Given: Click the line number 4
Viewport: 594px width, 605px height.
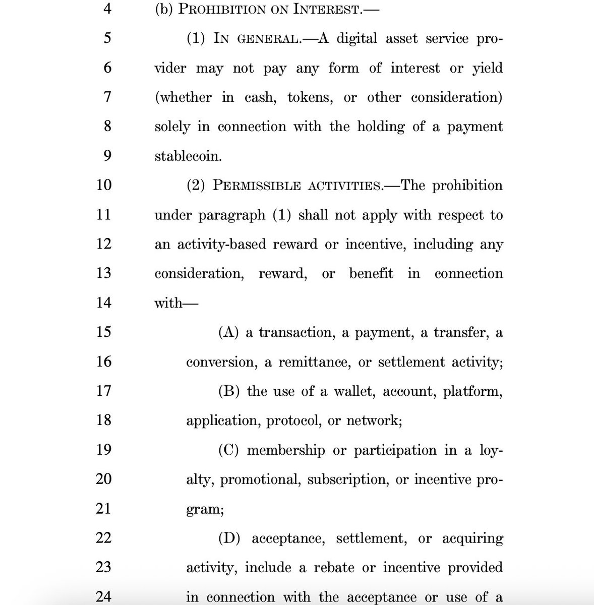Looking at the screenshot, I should pos(107,10).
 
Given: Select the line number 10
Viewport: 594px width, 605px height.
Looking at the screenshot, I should pos(103,185).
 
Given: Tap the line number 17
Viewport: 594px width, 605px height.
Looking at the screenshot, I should pos(103,391).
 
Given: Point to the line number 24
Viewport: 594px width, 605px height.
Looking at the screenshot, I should pos(103,596).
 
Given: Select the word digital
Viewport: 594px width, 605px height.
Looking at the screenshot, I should pos(357,39).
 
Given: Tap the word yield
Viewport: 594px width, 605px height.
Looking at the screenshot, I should pos(487,69).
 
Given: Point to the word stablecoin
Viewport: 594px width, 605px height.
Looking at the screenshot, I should pos(188,156).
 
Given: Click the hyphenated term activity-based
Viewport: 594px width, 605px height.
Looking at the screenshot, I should pos(222,245).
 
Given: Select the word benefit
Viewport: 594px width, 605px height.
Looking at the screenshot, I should pos(371,274).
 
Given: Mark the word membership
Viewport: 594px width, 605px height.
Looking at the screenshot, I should pos(286,450).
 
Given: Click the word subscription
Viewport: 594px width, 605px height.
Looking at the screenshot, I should pos(347,479).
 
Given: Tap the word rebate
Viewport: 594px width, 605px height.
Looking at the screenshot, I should pos(334,568).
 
